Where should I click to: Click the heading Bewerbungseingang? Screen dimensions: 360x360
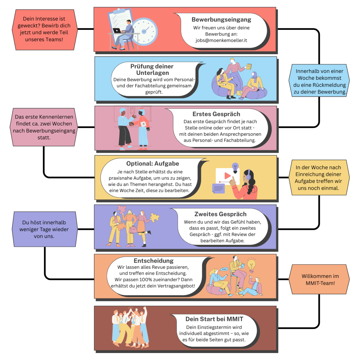(x=221, y=20)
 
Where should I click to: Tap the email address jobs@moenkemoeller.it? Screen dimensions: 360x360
(x=221, y=40)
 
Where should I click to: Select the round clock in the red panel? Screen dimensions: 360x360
(x=144, y=31)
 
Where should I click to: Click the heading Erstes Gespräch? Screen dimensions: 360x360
(x=216, y=114)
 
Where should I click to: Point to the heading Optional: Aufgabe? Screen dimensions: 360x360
(x=153, y=163)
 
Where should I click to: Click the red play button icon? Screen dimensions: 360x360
(x=227, y=176)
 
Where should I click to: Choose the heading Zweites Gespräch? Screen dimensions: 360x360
(x=220, y=214)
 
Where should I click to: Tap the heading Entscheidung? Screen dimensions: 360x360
(x=154, y=261)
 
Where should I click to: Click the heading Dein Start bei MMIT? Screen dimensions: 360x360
(x=214, y=319)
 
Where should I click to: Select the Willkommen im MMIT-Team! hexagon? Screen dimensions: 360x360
(x=319, y=279)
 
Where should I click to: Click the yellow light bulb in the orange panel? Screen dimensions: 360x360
(x=251, y=264)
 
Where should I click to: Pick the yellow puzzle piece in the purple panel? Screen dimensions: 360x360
(x=155, y=217)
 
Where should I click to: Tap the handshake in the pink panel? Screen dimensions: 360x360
(x=132, y=124)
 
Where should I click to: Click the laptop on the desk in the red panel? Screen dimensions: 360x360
(x=117, y=31)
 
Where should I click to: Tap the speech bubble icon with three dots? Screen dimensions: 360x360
(x=224, y=269)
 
